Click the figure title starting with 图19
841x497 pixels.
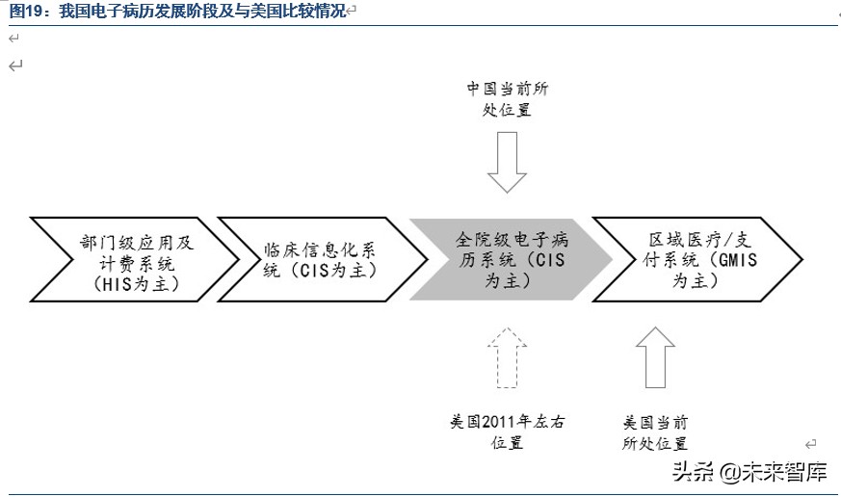tap(177, 11)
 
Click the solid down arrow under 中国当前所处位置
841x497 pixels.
tap(508, 162)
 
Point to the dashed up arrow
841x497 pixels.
tap(508, 358)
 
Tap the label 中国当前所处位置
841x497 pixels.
tap(508, 99)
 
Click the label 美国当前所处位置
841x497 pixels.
tap(656, 432)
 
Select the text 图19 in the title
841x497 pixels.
tap(27, 11)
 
